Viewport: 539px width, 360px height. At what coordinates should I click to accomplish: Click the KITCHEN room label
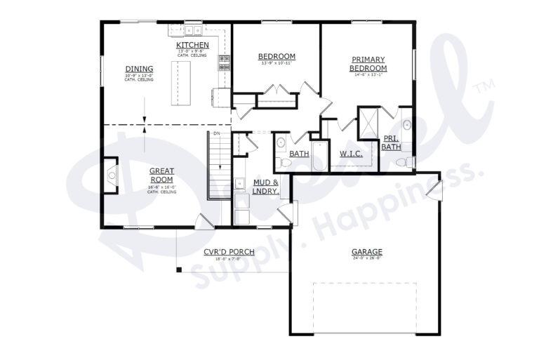point(192,46)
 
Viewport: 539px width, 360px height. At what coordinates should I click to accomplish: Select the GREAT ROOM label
point(161,175)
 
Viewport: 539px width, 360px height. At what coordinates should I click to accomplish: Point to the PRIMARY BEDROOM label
point(368,63)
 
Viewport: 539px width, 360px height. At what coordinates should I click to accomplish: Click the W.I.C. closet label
point(350,153)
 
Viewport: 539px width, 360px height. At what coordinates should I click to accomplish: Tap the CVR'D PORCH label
point(229,252)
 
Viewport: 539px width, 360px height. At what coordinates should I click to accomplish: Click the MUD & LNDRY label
point(266,186)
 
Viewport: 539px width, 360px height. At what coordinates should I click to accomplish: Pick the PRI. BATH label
point(391,142)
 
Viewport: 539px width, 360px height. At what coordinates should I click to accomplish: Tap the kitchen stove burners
point(225,64)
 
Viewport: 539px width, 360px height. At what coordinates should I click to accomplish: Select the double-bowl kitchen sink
point(194,30)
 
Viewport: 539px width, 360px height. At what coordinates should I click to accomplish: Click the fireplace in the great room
point(110,175)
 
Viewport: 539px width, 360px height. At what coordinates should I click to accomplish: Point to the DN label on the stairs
point(217,133)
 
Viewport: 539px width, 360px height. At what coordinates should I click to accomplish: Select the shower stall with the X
point(369,120)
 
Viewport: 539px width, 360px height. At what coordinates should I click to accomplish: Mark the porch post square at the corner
point(179,269)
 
